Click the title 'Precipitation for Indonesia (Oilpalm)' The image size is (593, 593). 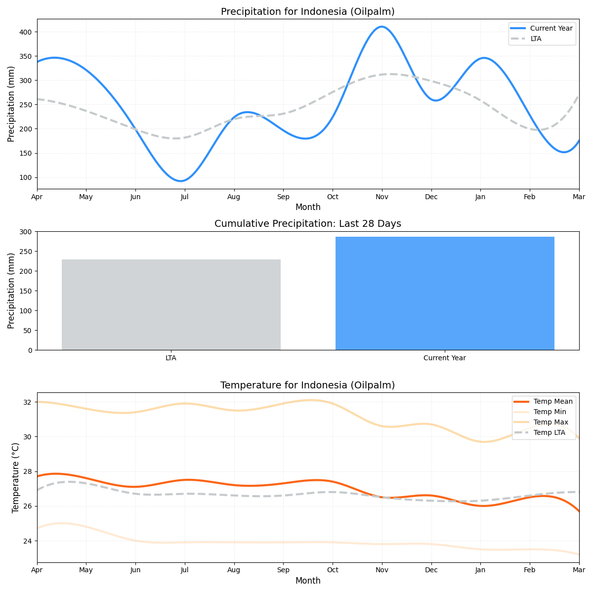307,11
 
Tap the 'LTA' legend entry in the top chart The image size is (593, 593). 536,39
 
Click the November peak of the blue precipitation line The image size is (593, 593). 381,27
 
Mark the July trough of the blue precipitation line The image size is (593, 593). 181,181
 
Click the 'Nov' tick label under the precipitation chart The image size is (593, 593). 381,197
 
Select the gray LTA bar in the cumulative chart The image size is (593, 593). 171,304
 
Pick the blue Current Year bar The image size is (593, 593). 445,293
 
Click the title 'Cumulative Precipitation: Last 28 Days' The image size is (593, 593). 307,224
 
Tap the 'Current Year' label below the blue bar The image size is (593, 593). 445,358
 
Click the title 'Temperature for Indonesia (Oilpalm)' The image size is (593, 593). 307,385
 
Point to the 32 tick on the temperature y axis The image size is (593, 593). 28,402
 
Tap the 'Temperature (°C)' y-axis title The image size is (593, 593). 15,477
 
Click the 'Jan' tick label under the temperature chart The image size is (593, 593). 480,570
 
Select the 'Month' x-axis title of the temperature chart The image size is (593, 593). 308,581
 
